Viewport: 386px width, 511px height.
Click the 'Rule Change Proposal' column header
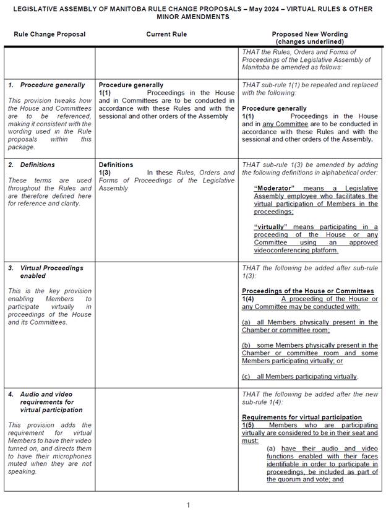point(49,34)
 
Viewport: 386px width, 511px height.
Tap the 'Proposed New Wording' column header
point(309,34)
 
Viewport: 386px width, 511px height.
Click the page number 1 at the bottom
point(189,505)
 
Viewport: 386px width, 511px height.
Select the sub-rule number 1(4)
point(248,299)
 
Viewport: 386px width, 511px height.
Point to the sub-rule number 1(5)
point(248,425)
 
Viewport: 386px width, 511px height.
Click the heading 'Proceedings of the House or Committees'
point(307,291)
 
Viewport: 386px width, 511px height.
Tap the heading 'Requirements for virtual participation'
point(302,418)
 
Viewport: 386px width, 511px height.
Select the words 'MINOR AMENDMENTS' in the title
point(192,17)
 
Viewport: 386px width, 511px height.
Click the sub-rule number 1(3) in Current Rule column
point(105,173)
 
